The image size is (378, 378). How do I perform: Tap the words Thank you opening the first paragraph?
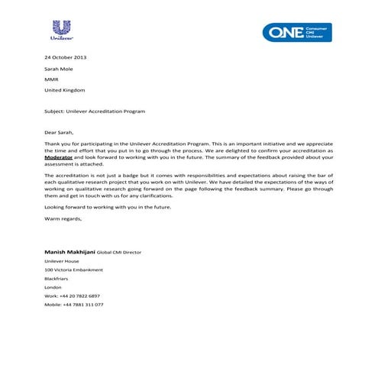pyautogui.click(x=56, y=144)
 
